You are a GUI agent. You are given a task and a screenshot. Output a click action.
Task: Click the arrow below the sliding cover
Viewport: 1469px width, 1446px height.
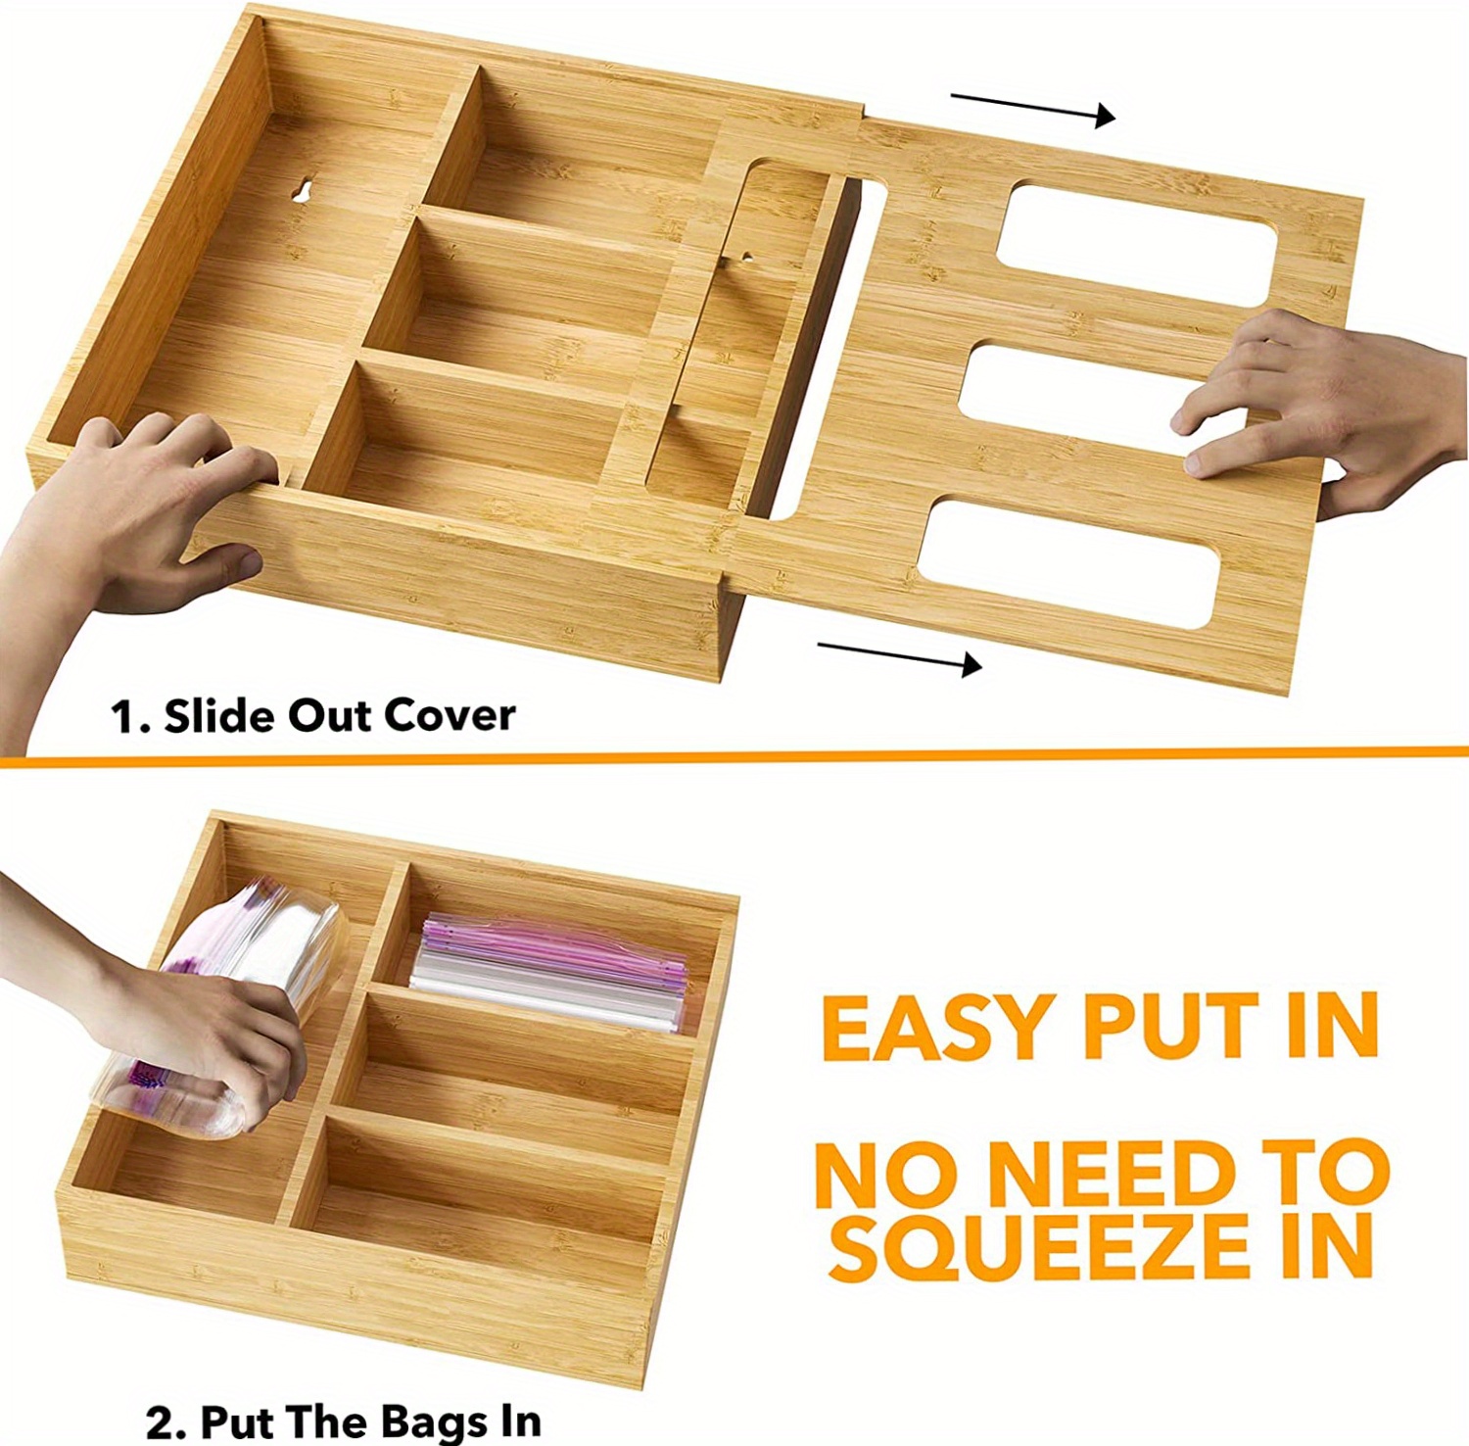coord(899,656)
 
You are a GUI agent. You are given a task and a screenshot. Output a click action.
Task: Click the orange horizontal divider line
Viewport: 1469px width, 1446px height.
coord(734,755)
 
